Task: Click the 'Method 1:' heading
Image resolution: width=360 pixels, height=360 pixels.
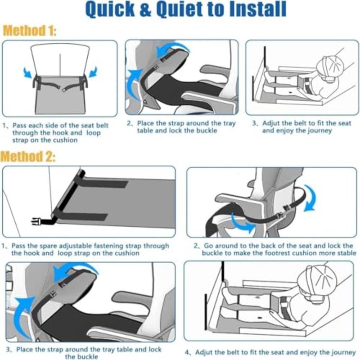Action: click(x=29, y=31)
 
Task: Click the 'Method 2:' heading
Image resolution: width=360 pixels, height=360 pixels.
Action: click(x=28, y=157)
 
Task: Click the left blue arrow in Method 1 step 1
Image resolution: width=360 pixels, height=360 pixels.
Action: click(x=27, y=72)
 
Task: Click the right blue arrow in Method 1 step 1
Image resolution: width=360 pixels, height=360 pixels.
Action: click(x=93, y=72)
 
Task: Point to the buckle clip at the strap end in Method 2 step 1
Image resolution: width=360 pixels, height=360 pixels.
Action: click(x=36, y=221)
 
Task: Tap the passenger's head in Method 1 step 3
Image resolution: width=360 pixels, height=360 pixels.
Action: click(x=330, y=67)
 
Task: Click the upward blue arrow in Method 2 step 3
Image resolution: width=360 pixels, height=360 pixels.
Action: click(x=21, y=317)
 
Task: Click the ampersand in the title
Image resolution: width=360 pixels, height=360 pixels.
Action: click(x=145, y=9)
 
